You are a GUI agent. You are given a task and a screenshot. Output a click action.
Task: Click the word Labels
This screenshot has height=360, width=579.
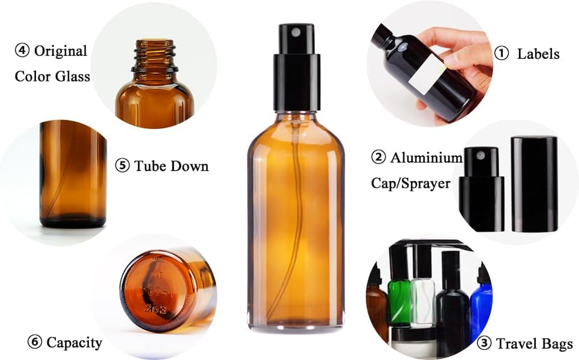click(538, 54)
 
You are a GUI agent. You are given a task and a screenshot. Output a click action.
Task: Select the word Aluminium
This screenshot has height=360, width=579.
click(426, 158)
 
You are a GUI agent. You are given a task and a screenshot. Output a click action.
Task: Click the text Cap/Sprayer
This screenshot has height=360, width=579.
click(410, 183)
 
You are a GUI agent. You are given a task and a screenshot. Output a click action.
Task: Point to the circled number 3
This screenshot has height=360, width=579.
click(484, 344)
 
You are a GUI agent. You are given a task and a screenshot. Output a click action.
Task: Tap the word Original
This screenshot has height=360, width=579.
click(60, 51)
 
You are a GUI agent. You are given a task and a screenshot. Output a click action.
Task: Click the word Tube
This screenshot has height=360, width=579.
click(151, 166)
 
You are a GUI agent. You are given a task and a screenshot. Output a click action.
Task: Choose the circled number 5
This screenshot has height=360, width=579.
click(122, 166)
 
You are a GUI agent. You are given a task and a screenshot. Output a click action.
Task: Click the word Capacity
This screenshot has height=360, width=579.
click(74, 343)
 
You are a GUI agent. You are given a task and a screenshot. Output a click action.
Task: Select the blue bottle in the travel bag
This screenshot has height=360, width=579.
click(481, 306)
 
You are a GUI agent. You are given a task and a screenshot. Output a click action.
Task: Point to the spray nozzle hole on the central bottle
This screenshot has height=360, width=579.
click(296, 32)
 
